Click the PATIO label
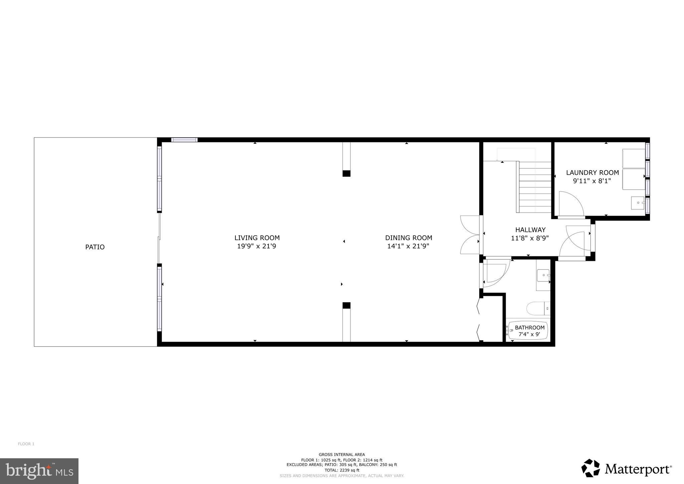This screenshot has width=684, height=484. (x=95, y=247)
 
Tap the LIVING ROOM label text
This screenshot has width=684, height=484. (x=257, y=238)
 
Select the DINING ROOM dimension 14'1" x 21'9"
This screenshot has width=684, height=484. (x=408, y=246)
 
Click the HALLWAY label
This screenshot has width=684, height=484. (x=530, y=230)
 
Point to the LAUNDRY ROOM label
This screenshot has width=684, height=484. (x=592, y=173)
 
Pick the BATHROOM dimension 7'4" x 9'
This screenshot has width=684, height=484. (x=529, y=334)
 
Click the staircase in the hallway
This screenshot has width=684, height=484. (x=534, y=187)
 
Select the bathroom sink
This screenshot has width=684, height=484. (x=543, y=275)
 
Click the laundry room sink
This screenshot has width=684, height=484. (x=638, y=203)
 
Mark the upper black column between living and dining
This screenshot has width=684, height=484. (x=346, y=173)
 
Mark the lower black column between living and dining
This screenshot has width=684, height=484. (x=346, y=306)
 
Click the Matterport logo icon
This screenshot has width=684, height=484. (x=591, y=468)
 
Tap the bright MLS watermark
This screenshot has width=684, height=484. (x=39, y=471)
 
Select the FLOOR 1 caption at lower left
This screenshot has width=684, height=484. (x=26, y=444)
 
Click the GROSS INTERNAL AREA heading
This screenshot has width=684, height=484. (x=342, y=455)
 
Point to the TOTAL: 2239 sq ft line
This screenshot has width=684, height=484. (x=342, y=470)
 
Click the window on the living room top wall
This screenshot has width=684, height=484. (x=184, y=140)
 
